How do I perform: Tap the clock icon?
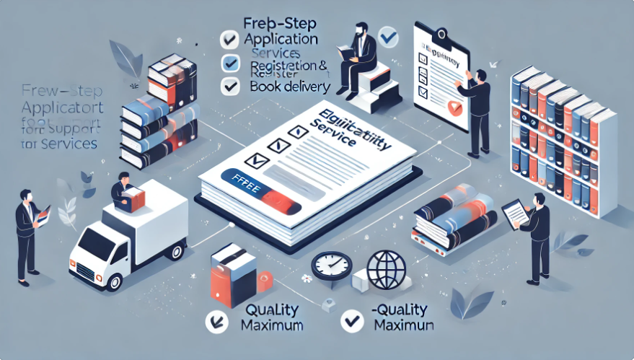(x=331, y=266)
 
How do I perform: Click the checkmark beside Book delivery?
(x=230, y=87)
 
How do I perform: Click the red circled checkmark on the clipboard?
(x=453, y=108)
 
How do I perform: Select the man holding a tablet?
(x=534, y=231)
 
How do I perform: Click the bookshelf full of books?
(x=563, y=137)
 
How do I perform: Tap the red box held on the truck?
(x=133, y=197)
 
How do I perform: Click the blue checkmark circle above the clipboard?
(x=387, y=35)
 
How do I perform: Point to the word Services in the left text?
(x=70, y=144)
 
